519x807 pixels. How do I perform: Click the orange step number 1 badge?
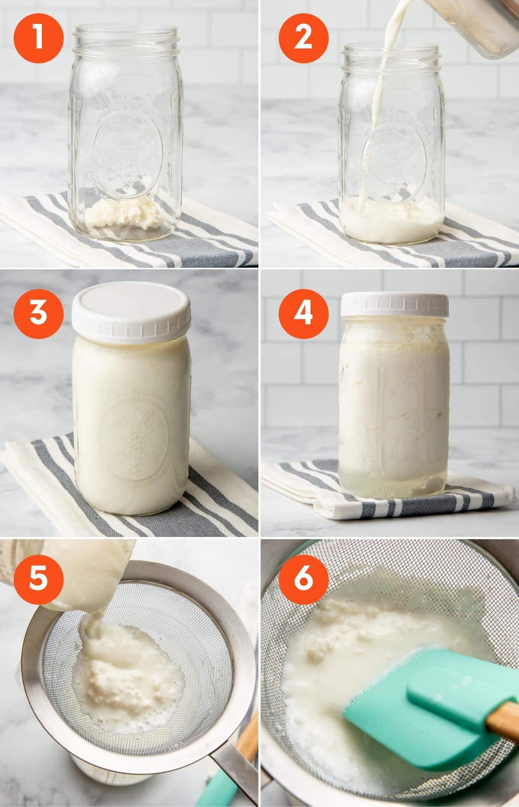coord(38,38)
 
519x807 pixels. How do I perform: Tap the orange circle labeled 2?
coord(303,38)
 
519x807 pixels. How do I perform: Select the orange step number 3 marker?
coord(38,312)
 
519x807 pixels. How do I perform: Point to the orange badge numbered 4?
coord(303,312)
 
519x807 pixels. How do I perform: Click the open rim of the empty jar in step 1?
coord(125,32)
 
